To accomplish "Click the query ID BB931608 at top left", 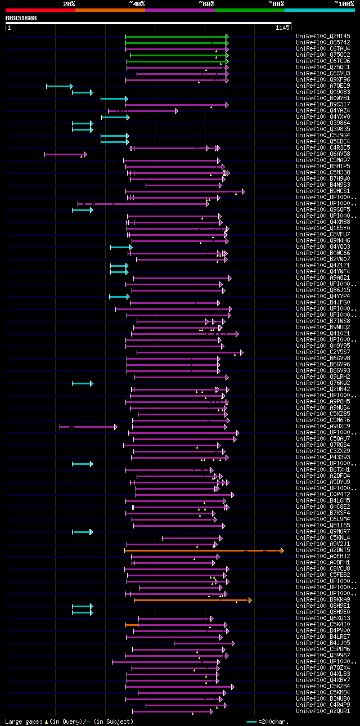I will coord(21,18).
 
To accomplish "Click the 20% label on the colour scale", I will coord(69,4).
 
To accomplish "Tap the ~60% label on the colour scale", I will coord(206,4).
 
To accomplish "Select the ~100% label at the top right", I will coord(344,4).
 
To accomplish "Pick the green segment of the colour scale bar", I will coord(249,10).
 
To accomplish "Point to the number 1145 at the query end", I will coord(282,27).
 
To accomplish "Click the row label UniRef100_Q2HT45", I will coord(323,37).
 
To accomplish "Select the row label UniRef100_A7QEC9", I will coord(323,86).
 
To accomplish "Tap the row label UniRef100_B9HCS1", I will coord(323,191).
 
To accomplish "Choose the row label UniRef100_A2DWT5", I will coord(323,550).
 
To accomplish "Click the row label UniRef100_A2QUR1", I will coord(323,711).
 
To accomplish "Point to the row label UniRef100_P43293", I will coord(323,458).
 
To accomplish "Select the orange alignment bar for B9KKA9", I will coord(191,600).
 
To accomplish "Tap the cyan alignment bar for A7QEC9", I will coord(59,86).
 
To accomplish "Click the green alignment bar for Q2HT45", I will coord(176,37).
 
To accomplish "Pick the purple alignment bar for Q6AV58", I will coord(65,154).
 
